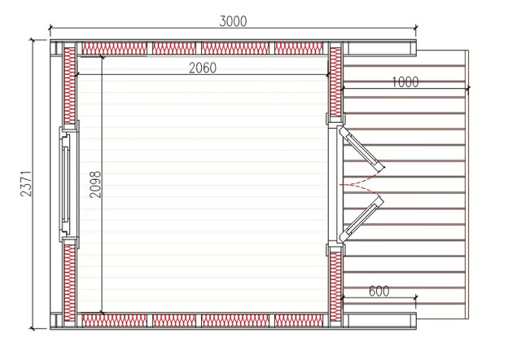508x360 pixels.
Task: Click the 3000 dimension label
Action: [x=233, y=21]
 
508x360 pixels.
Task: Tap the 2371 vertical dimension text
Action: [x=26, y=183]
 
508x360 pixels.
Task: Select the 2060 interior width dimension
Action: [x=203, y=68]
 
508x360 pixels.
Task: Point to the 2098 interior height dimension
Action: [x=95, y=184]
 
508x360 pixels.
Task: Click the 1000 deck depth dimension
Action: [x=405, y=82]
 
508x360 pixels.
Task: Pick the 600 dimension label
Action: [x=379, y=292]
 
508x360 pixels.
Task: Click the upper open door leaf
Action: [x=361, y=148]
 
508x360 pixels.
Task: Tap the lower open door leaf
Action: [x=361, y=219]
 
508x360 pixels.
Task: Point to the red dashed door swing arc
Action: [x=360, y=184]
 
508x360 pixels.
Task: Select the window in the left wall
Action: [x=68, y=184]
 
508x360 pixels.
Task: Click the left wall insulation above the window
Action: [x=69, y=86]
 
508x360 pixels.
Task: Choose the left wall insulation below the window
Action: [x=69, y=283]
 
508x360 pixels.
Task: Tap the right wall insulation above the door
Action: [x=336, y=82]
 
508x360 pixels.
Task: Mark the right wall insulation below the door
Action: [x=336, y=287]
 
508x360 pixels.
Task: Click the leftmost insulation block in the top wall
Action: [x=114, y=48]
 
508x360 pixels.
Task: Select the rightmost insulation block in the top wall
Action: [x=299, y=48]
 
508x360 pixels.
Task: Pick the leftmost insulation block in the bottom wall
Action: [x=114, y=320]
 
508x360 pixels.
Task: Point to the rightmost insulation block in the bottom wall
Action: [x=299, y=320]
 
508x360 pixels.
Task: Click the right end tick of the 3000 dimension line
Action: [x=416, y=28]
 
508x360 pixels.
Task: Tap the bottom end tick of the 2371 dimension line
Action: [x=32, y=328]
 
